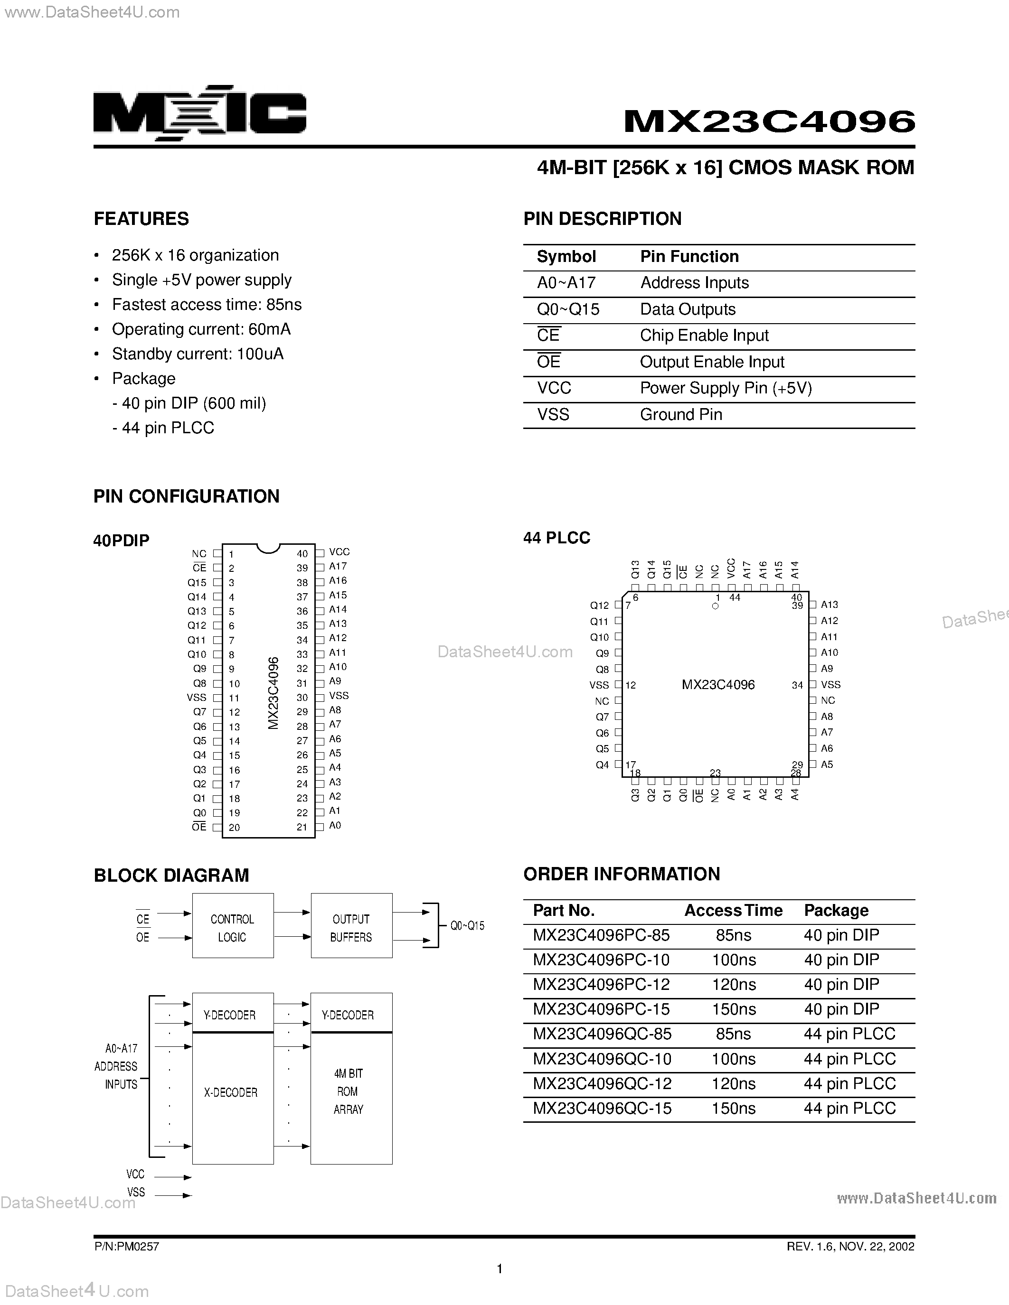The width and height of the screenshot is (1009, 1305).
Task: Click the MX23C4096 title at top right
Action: [769, 121]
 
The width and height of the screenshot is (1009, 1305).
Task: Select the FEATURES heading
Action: [141, 219]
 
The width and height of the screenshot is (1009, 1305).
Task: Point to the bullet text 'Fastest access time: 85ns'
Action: [207, 305]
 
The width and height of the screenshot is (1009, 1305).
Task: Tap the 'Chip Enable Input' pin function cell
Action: [704, 336]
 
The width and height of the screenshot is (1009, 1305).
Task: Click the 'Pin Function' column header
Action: [689, 257]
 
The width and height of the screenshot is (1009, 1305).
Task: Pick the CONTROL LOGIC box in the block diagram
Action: [233, 928]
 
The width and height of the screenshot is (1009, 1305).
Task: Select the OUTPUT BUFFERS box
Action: [351, 928]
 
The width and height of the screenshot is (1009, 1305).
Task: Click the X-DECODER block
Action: [231, 1092]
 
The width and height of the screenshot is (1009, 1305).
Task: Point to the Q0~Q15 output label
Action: [467, 925]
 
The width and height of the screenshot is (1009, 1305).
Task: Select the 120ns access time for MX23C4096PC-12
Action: [734, 984]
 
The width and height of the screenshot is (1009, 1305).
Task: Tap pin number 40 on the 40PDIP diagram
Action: [302, 554]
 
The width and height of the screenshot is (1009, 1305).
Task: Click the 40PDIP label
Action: [122, 541]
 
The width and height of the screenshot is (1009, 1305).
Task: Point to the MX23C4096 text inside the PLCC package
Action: [718, 685]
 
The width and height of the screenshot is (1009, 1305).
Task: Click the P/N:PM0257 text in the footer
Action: [127, 1247]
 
